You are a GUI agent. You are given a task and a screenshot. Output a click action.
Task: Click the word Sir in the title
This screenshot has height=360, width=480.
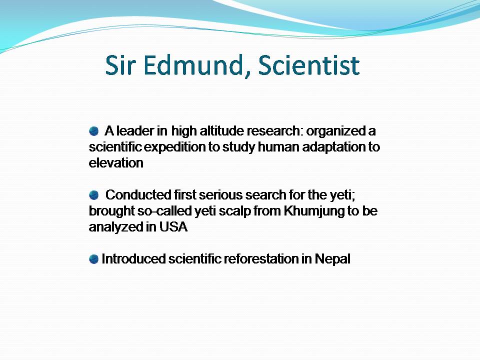pos(121,66)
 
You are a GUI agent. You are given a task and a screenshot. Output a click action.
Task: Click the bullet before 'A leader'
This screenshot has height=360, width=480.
pos(93,131)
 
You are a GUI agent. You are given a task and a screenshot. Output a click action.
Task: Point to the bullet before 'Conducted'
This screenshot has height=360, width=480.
pos(93,195)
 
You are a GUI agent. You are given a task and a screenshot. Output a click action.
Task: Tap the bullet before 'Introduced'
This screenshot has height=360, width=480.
pos(93,259)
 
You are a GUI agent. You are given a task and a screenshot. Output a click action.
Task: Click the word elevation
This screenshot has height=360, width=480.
pos(116,163)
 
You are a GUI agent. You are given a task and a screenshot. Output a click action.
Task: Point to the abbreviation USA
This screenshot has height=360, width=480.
pos(174,227)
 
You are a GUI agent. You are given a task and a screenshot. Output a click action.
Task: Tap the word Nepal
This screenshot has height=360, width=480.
pos(332,259)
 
